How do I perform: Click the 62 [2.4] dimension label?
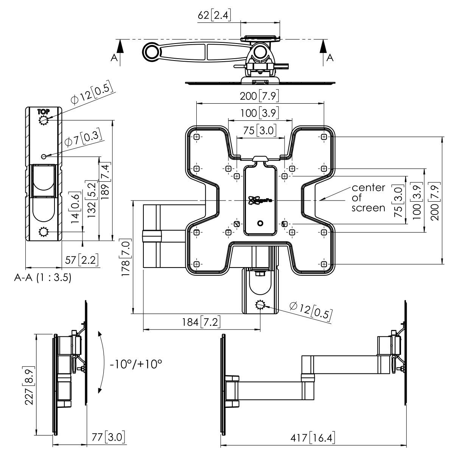tap(214, 15)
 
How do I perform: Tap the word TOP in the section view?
tap(42, 112)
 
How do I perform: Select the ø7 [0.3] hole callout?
tap(84, 140)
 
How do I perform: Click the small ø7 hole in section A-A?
tap(44, 156)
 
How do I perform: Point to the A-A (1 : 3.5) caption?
tap(43, 277)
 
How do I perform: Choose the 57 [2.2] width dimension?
tap(82, 260)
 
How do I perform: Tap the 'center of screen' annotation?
tap(368, 197)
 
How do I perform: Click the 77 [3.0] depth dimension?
tap(109, 437)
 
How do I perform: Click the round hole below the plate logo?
tap(260, 223)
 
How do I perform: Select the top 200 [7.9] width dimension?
tap(260, 96)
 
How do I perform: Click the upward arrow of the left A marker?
tap(120, 47)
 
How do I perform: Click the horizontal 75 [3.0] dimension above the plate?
tap(260, 131)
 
